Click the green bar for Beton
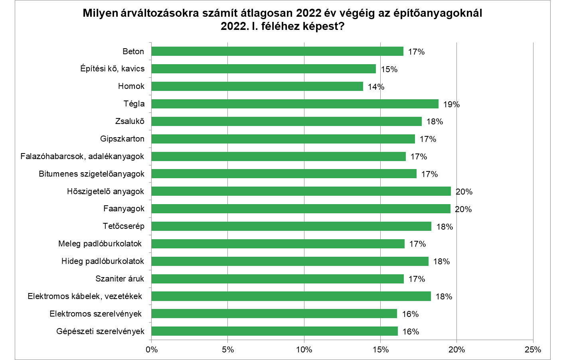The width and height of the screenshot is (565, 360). tap(277, 51)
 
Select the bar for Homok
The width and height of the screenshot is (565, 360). tap(257, 86)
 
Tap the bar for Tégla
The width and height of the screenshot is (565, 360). tap(295, 104)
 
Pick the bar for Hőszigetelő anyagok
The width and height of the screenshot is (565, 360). tap(301, 191)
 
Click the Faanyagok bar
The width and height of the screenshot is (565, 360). tap(301, 209)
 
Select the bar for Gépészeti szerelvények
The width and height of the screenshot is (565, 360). tap(275, 331)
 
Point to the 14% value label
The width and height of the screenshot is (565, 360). tap(376, 87)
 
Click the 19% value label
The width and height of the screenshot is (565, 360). tap(451, 104)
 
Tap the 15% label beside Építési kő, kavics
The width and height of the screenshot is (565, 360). tap(389, 69)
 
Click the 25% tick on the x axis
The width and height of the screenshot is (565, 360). tap(533, 350)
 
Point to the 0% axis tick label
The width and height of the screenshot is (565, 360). tap(152, 350)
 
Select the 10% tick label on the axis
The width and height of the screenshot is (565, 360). tap(304, 350)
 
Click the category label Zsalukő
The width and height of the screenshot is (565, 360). tap(130, 121)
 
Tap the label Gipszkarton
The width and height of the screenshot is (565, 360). tap(122, 139)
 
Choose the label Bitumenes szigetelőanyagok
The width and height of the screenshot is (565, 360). tap(91, 174)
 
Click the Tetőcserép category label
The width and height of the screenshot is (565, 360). tap(123, 226)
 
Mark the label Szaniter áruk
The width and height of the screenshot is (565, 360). tap(120, 279)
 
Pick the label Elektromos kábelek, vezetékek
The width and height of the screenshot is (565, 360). tap(85, 296)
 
